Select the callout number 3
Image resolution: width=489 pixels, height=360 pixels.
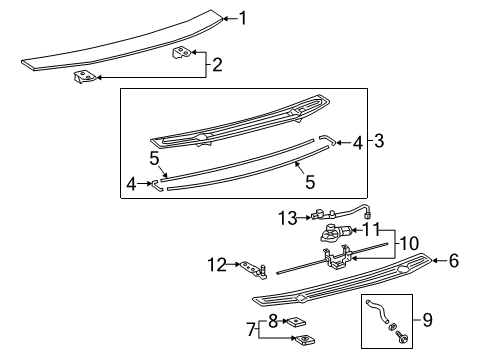[x=379, y=142]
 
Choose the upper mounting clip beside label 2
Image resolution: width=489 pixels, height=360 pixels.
[x=181, y=53]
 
